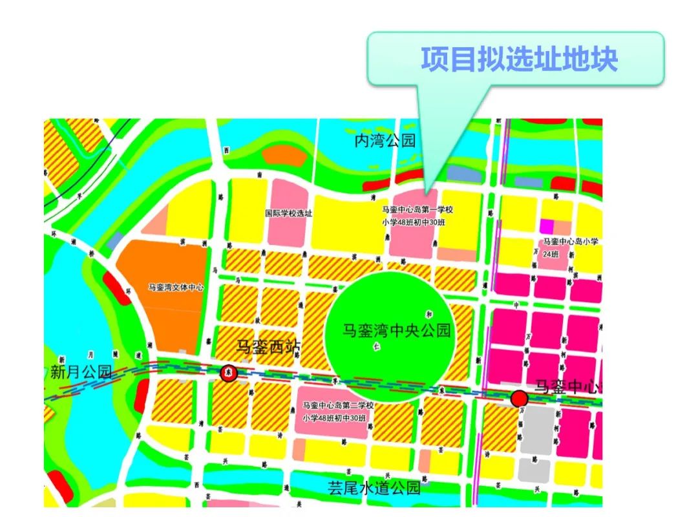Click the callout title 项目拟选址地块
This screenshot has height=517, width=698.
pos(519,59)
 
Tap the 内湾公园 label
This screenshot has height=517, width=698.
pos(385,141)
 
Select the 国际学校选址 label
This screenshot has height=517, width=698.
pos(289,213)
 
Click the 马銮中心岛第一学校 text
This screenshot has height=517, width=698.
pos(418,210)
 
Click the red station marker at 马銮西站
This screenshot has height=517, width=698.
pos(228,373)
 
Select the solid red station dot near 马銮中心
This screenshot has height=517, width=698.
pos(518,398)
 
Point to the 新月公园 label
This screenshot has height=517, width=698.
pos(81,372)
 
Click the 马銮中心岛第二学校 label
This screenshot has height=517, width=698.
pos(338,405)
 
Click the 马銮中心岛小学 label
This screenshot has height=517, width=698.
pos(571,241)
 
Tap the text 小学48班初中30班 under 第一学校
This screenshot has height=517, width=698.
pos(418,223)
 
